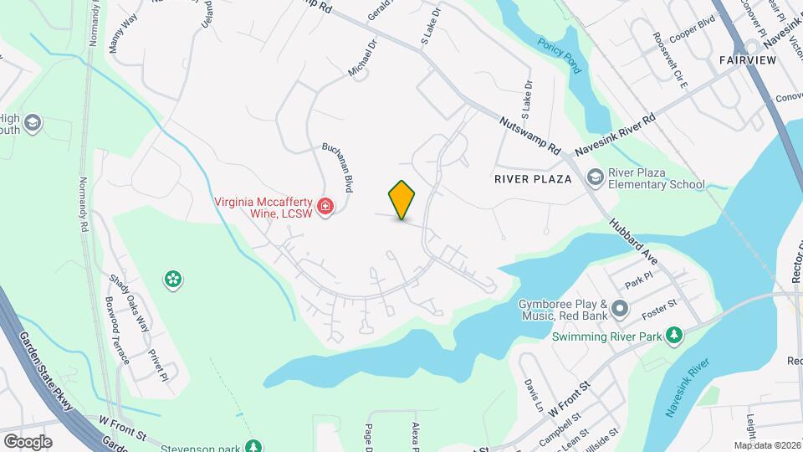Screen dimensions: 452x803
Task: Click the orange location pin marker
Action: click(x=401, y=199)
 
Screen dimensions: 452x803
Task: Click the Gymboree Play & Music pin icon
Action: click(x=620, y=309)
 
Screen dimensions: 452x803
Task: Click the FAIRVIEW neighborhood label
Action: click(x=747, y=60)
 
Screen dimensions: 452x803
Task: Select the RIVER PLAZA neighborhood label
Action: click(x=532, y=179)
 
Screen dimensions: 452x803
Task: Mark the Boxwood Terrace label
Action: click(x=116, y=329)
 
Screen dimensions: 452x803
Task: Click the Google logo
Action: click(x=28, y=441)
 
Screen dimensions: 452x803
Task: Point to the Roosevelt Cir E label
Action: click(x=670, y=61)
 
